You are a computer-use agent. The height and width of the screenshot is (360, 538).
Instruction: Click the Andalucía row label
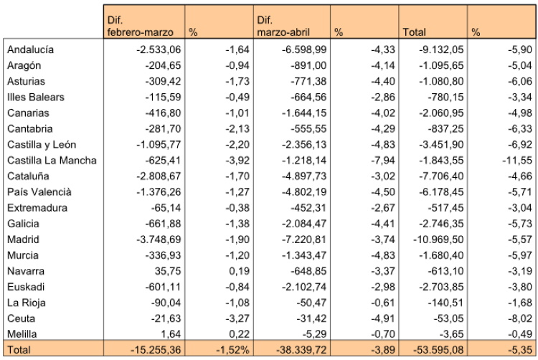[31, 49]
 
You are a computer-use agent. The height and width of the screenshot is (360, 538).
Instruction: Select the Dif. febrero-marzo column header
[141, 26]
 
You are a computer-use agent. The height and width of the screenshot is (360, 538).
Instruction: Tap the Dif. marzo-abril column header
[283, 26]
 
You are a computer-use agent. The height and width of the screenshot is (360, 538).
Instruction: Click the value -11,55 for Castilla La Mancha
[517, 161]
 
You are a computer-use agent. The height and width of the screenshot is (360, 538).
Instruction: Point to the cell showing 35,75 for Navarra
[167, 271]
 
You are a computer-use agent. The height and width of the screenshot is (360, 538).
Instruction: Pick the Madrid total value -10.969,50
[438, 240]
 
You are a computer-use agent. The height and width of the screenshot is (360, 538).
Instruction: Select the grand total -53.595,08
[438, 350]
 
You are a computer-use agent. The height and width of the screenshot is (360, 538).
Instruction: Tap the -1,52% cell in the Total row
[232, 350]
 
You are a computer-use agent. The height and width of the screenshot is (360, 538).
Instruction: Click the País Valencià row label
[39, 192]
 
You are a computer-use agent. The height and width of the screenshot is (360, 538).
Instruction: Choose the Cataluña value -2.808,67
[159, 176]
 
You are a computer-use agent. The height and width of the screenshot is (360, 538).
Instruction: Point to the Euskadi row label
[26, 287]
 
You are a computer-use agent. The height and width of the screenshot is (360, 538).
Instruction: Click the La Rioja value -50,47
[311, 303]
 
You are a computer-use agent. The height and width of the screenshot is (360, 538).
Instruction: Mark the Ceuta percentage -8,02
[520, 318]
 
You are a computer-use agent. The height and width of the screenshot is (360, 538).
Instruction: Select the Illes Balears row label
[36, 98]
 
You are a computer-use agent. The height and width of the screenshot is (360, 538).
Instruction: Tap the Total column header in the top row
[414, 32]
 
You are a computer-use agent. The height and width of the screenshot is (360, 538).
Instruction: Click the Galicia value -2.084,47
[304, 224]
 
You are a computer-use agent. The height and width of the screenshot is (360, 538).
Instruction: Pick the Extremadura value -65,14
[166, 208]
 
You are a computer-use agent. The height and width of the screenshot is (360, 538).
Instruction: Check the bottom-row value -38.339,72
[301, 350]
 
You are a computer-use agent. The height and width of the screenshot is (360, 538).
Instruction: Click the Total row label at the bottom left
[19, 350]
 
